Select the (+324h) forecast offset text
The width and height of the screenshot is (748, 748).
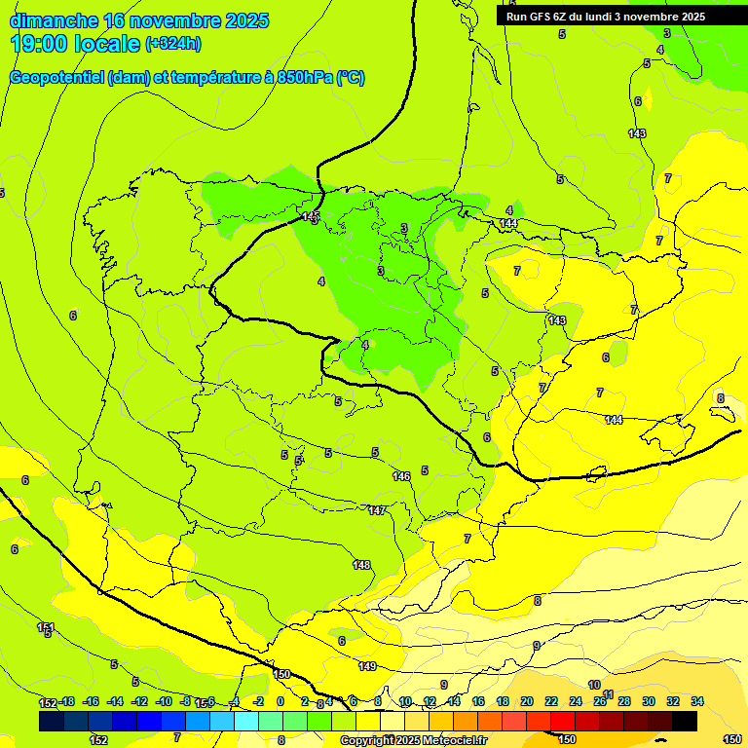pyautogui.click(x=172, y=44)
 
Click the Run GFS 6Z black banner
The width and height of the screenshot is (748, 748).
pyautogui.click(x=605, y=16)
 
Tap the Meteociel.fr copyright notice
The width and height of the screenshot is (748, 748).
pyautogui.click(x=413, y=741)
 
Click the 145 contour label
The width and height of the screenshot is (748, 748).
pyautogui.click(x=311, y=215)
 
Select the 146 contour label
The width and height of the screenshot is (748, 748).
pyautogui.click(x=401, y=476)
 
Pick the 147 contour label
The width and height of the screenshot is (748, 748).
pyautogui.click(x=377, y=510)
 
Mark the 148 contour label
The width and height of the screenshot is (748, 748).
pyautogui.click(x=361, y=565)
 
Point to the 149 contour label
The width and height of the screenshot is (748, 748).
pyautogui.click(x=367, y=666)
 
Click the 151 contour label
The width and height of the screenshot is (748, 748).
pyautogui.click(x=45, y=627)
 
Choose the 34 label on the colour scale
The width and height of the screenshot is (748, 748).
pyautogui.click(x=697, y=701)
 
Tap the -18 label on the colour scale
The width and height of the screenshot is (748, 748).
pyautogui.click(x=66, y=701)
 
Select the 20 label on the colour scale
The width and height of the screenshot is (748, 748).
pyautogui.click(x=527, y=701)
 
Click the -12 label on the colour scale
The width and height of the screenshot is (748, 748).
pyautogui.click(x=139, y=701)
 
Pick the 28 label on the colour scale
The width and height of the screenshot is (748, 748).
pyautogui.click(x=624, y=701)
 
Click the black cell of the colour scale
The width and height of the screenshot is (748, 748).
pyautogui.click(x=685, y=721)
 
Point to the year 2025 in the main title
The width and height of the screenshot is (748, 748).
pyautogui.click(x=247, y=20)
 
